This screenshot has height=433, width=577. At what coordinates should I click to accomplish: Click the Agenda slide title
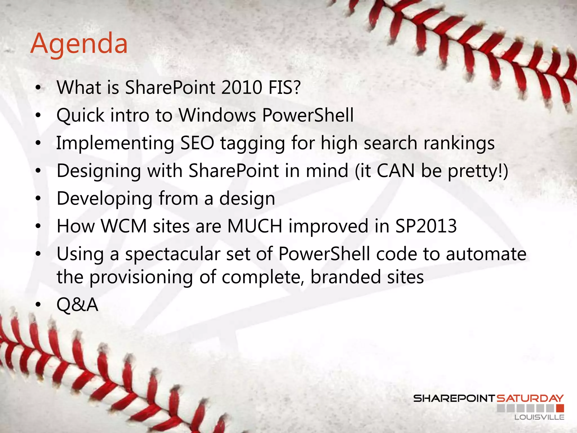pyautogui.click(x=79, y=44)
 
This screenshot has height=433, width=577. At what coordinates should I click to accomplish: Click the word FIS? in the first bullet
pyautogui.click(x=285, y=87)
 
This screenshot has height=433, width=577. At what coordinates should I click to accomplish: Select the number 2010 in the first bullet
pyautogui.click(x=242, y=87)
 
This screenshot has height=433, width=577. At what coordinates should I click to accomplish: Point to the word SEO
pyautogui.click(x=197, y=143)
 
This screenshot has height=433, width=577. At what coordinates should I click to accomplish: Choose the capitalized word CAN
pyautogui.click(x=396, y=171)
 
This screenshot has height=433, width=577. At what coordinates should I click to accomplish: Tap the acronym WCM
pyautogui.click(x=124, y=226)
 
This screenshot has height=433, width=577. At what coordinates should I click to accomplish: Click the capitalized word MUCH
pyautogui.click(x=255, y=226)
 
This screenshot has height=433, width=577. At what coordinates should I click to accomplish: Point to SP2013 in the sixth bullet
pyautogui.click(x=426, y=226)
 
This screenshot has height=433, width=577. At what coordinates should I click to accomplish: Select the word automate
pyautogui.click(x=486, y=254)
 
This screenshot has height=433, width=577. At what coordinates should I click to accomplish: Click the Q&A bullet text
pyautogui.click(x=77, y=305)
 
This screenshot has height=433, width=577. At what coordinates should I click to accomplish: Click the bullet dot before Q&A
pyautogui.click(x=38, y=305)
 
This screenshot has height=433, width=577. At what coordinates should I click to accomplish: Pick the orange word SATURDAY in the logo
pyautogui.click(x=530, y=398)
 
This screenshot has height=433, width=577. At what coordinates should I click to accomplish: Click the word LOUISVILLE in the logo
pyautogui.click(x=539, y=417)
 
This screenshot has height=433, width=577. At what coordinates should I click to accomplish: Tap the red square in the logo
pyautogui.click(x=560, y=408)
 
